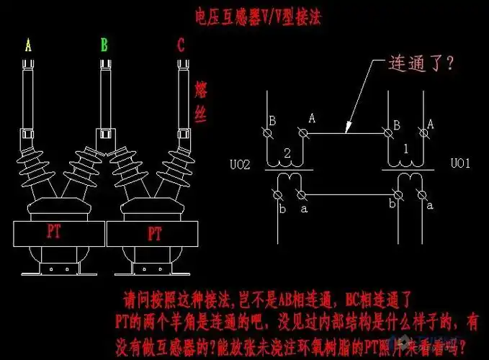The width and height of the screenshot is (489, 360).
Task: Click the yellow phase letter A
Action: [28, 46]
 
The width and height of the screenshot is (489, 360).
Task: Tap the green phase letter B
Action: [104, 46]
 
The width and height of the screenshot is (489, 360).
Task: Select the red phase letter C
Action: [179, 46]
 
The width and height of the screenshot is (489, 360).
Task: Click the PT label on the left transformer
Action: [54, 233]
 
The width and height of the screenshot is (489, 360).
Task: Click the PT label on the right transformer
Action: [154, 234]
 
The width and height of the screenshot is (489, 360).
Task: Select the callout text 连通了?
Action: [421, 63]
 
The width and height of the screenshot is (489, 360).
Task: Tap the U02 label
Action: [240, 165]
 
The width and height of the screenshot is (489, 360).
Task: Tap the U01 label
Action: [460, 164]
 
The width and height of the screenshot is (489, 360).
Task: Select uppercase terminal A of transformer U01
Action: [430, 124]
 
